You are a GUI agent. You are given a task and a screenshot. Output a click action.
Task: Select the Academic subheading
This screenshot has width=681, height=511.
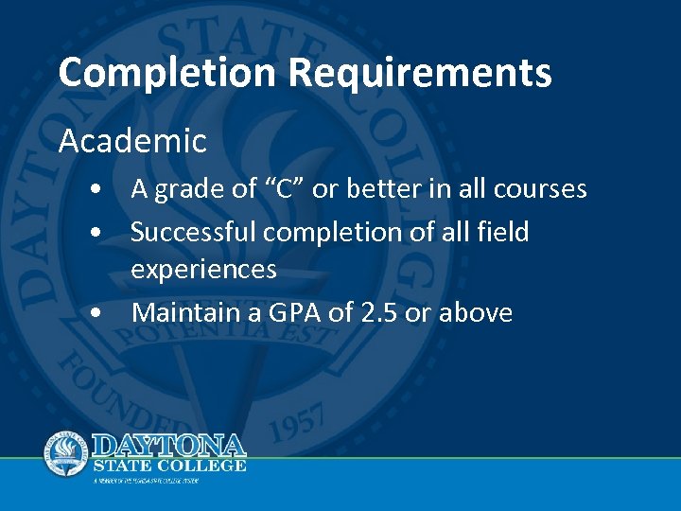131,142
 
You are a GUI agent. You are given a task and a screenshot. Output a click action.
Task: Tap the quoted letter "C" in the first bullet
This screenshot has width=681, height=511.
281,189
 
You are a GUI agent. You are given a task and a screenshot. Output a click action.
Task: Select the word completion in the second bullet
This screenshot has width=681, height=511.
342,232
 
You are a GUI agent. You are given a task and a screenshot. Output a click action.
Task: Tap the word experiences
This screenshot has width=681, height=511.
203,271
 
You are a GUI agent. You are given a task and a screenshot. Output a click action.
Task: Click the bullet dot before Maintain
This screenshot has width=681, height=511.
98,313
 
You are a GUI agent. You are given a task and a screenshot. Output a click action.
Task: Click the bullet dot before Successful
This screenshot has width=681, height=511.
98,232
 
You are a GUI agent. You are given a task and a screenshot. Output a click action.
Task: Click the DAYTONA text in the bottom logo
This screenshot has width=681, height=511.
169,445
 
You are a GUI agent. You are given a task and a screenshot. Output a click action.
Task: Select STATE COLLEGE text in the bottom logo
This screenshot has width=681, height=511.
169,466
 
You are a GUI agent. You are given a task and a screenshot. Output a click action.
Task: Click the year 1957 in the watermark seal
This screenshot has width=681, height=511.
306,419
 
